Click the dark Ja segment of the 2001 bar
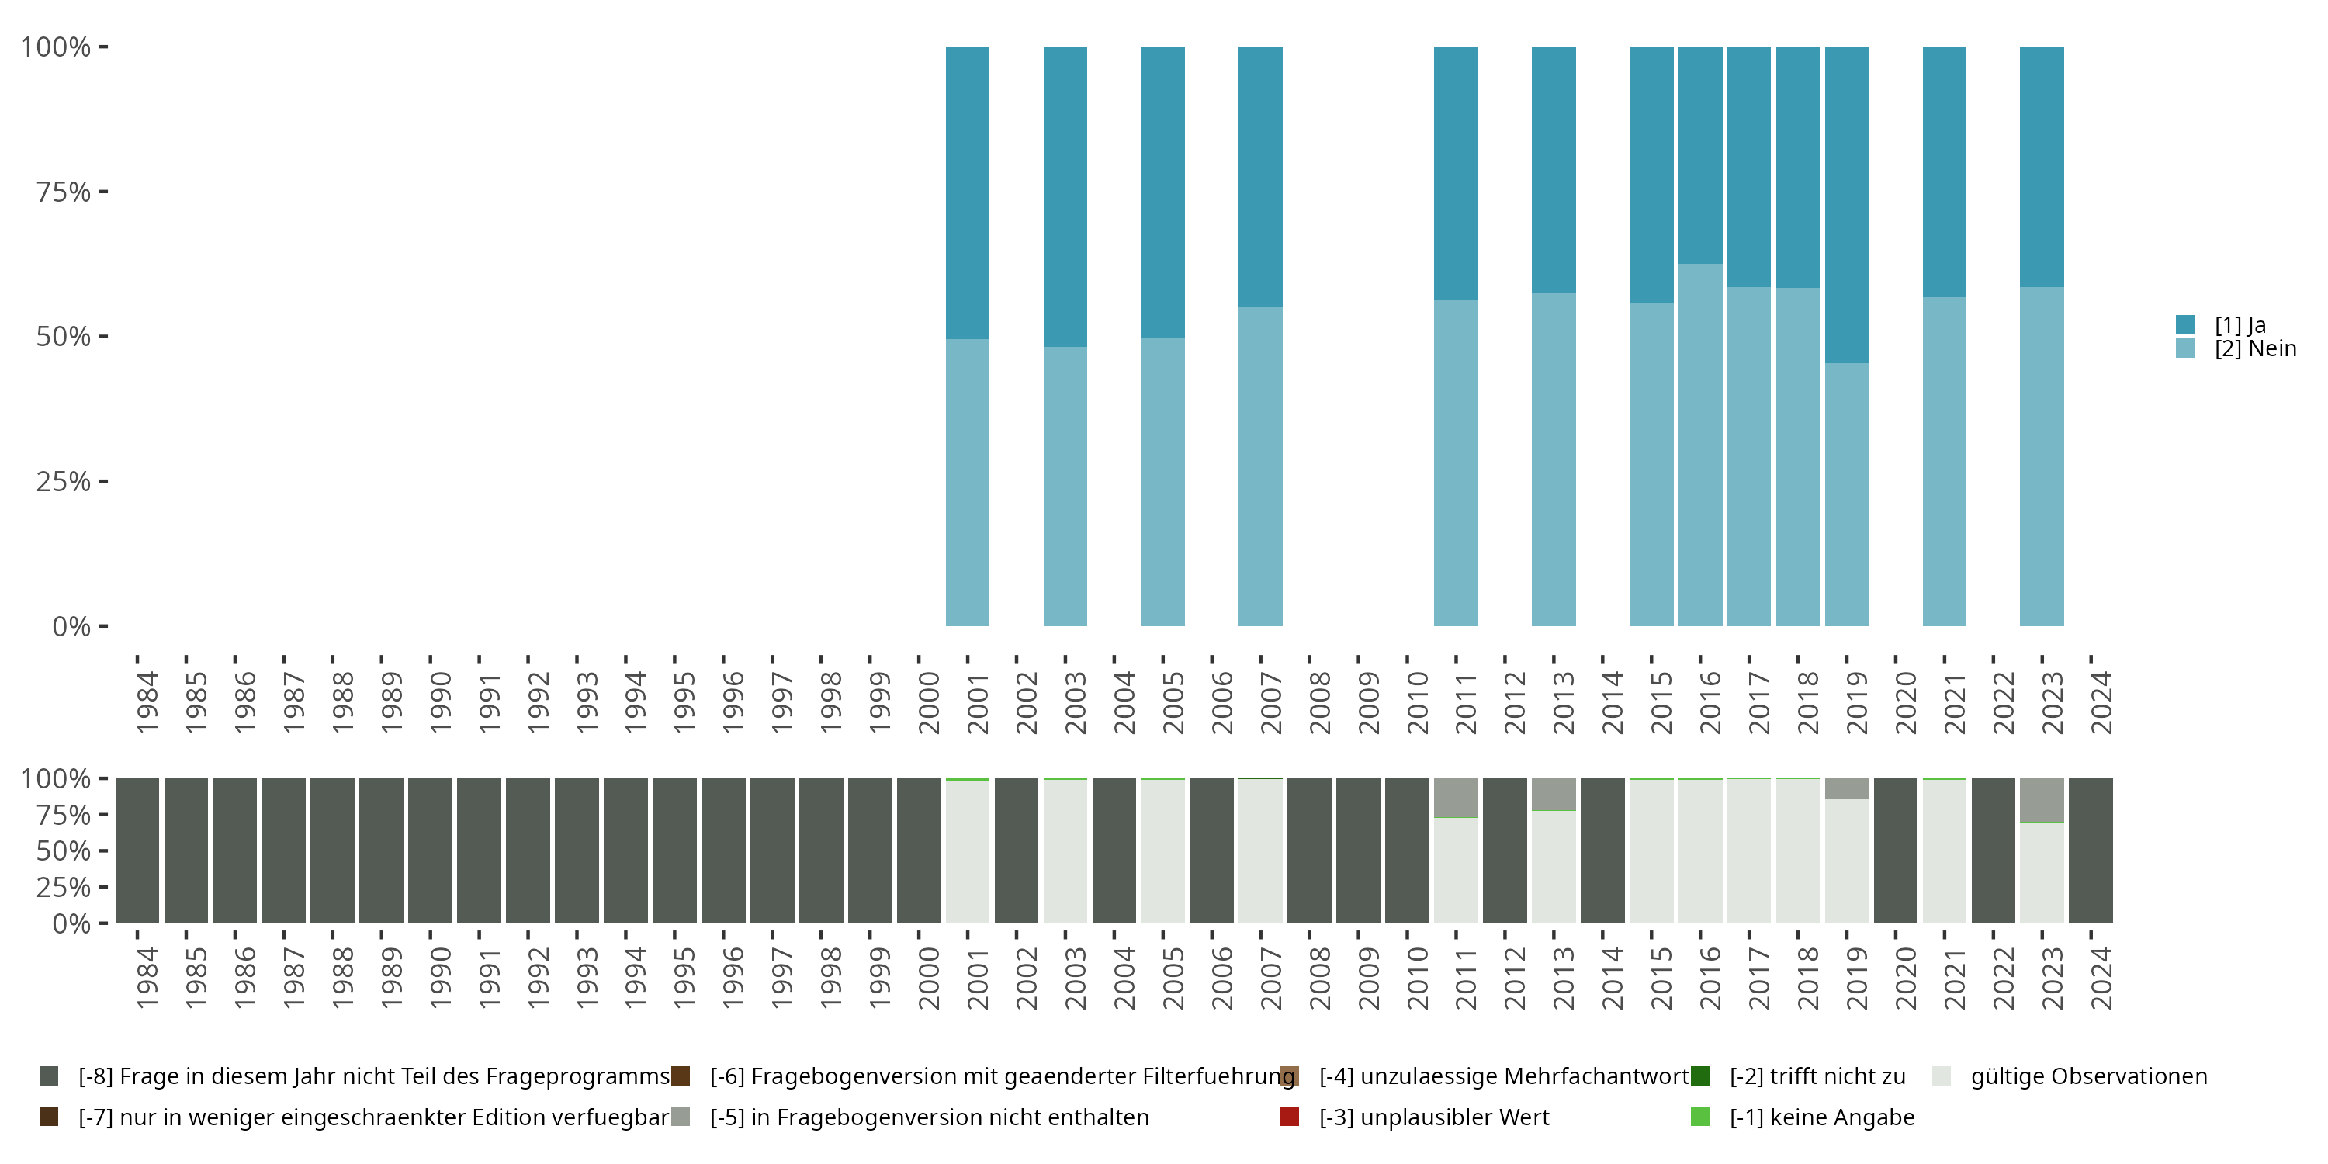coord(967,192)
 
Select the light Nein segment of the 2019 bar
coord(1846,494)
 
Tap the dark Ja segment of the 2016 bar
coord(1700,154)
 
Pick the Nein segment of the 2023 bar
coord(2042,456)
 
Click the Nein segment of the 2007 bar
coord(1259,466)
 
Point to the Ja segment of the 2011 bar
coord(1456,172)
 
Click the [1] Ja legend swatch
coord(2185,324)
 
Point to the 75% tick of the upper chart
coord(103,192)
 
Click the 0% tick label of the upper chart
coord(71,626)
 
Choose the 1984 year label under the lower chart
coord(147,978)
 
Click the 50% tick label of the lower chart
coord(64,851)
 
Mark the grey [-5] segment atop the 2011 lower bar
coord(1456,797)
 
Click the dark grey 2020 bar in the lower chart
coord(1895,850)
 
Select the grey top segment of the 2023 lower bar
coord(2042,800)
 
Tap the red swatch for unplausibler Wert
coord(1290,1117)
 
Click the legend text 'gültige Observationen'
coord(2088,1076)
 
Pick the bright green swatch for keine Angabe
coord(1700,1117)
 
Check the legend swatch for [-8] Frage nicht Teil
coord(49,1076)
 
